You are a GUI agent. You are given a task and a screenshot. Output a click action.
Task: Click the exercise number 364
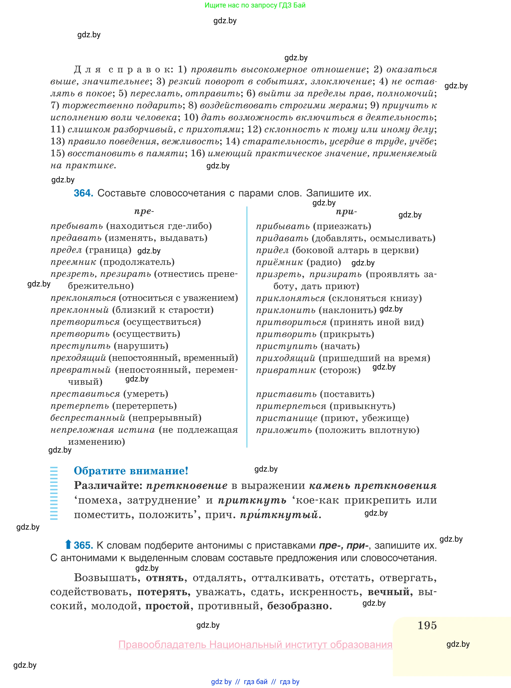coord(83,193)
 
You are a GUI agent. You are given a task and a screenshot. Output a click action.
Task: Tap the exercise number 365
coord(84,545)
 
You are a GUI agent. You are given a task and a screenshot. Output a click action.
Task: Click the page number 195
coord(427,625)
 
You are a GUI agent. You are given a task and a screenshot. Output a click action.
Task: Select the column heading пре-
coord(144,211)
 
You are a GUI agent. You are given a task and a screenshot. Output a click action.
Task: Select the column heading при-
coord(346,212)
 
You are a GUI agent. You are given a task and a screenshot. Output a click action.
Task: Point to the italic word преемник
coord(73,262)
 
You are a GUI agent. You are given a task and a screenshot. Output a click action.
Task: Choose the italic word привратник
coord(286,370)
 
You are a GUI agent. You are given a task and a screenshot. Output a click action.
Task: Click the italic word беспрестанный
coord(88,418)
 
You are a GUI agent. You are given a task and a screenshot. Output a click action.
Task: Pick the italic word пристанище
coord(286,418)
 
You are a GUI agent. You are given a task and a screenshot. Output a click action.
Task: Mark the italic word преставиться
coord(85,394)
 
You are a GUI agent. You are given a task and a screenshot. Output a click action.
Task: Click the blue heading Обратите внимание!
coord(131,471)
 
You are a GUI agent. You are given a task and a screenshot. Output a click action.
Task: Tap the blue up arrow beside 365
coord(68,544)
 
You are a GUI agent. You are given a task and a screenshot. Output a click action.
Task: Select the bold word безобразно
coord(299,606)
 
